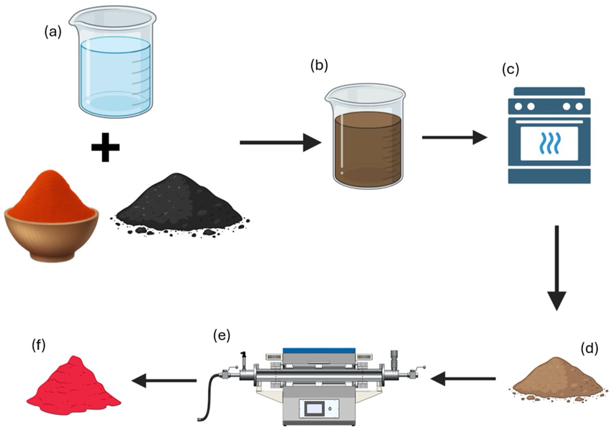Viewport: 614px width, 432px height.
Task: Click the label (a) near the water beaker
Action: tap(53, 32)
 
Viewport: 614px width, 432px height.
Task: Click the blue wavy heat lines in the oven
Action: tap(549, 142)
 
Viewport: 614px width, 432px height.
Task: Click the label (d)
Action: tap(590, 349)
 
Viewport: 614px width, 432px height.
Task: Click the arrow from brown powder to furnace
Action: tap(463, 379)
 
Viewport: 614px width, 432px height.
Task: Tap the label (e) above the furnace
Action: tap(222, 336)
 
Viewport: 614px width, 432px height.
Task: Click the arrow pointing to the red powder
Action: tap(164, 380)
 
